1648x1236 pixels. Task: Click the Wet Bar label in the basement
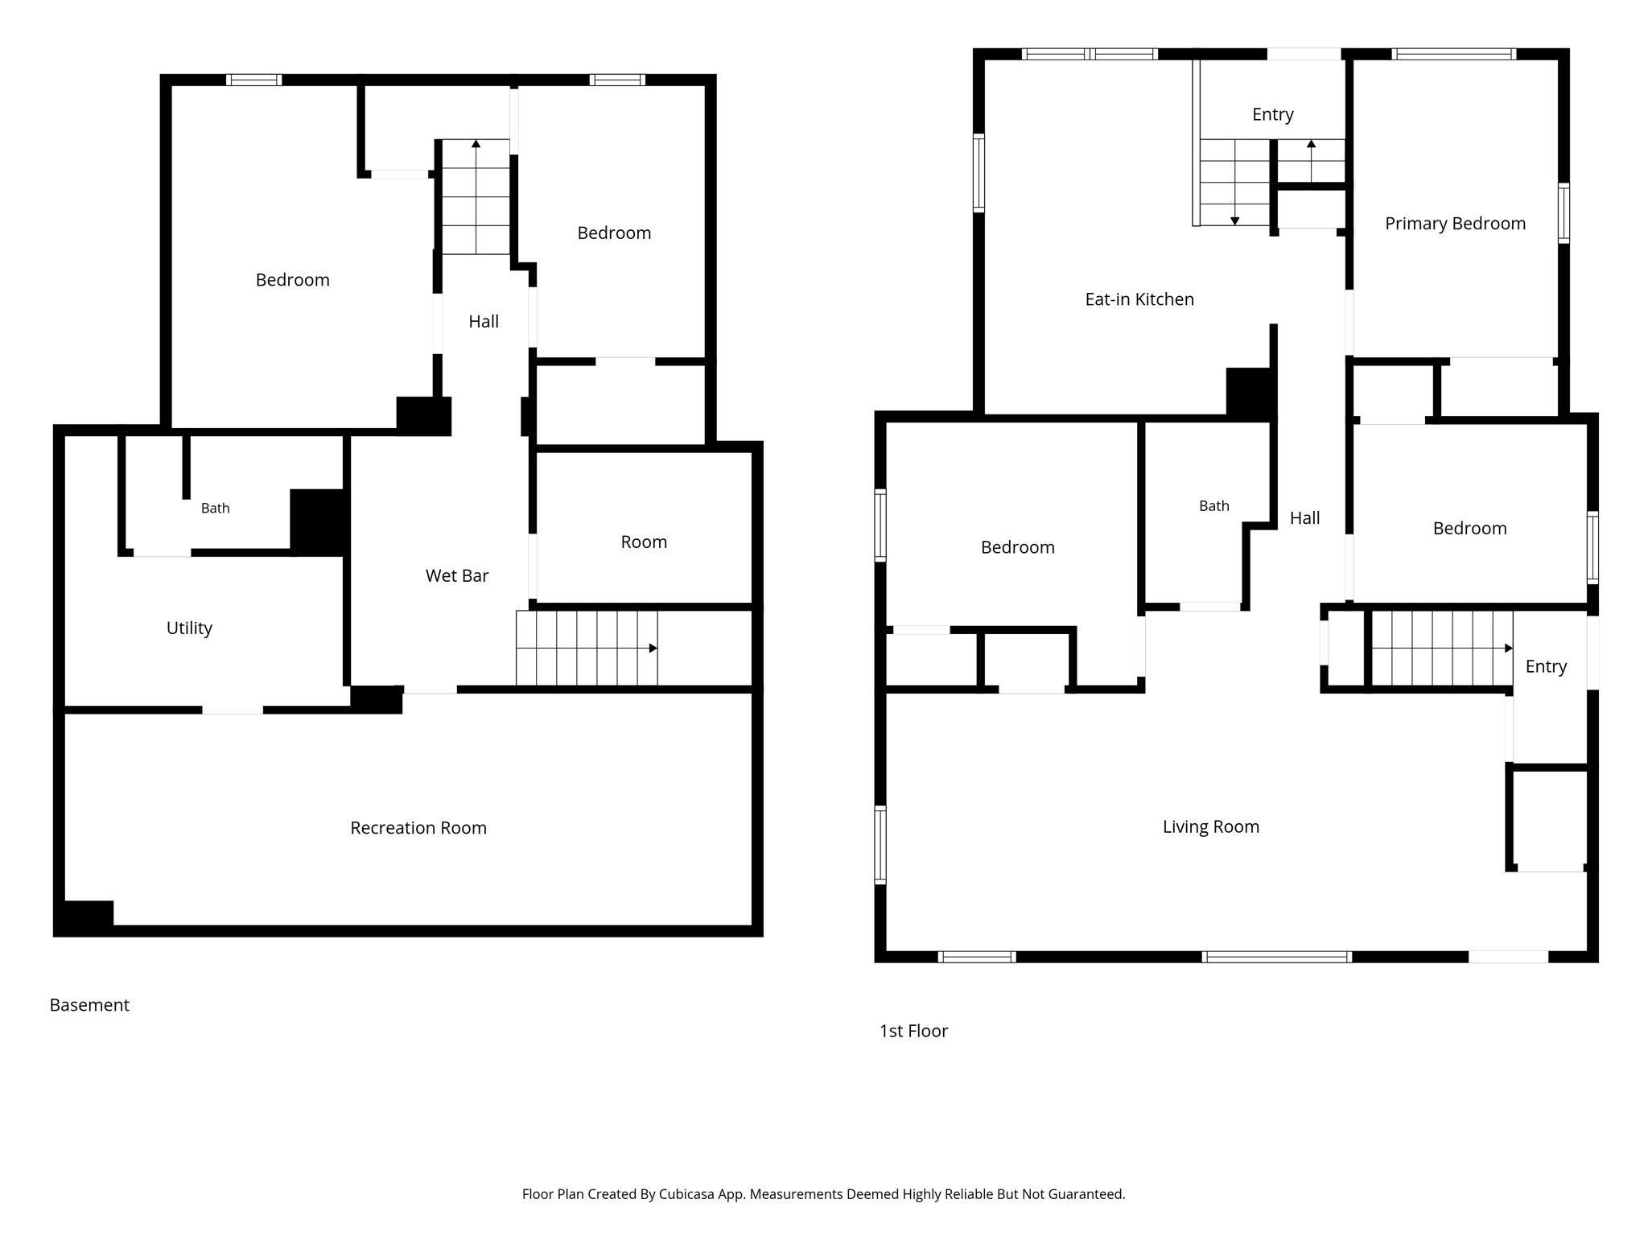click(x=457, y=575)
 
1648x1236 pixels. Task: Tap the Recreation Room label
click(x=418, y=828)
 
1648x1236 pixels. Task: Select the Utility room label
click(x=189, y=628)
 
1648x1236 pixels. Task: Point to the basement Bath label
click(x=215, y=508)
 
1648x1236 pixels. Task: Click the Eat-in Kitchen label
click(x=1139, y=299)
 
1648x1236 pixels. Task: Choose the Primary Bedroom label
click(x=1455, y=224)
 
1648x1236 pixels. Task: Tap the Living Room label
click(x=1210, y=826)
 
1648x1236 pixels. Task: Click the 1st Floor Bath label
click(x=1213, y=505)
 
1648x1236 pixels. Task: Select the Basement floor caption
click(x=89, y=1005)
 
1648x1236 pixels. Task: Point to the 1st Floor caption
click(x=913, y=1031)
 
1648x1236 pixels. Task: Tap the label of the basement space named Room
click(x=644, y=542)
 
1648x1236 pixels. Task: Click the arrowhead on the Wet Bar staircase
click(x=653, y=649)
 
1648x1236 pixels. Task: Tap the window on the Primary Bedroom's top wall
click(x=1453, y=54)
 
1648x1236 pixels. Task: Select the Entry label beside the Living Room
click(x=1546, y=667)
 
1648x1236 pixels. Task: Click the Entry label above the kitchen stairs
click(x=1272, y=115)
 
